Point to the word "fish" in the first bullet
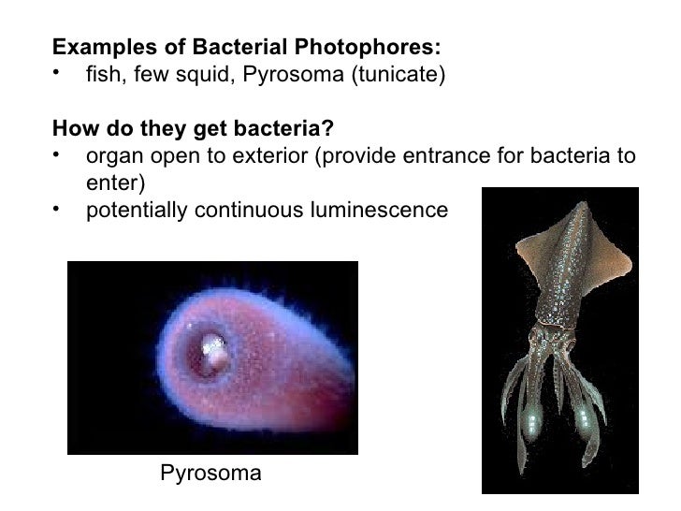(x=102, y=73)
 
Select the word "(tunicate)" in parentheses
(x=393, y=73)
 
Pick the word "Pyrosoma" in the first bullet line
(x=294, y=73)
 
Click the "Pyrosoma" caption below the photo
(x=211, y=474)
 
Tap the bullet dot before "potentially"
(x=58, y=207)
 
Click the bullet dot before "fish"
(x=58, y=72)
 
